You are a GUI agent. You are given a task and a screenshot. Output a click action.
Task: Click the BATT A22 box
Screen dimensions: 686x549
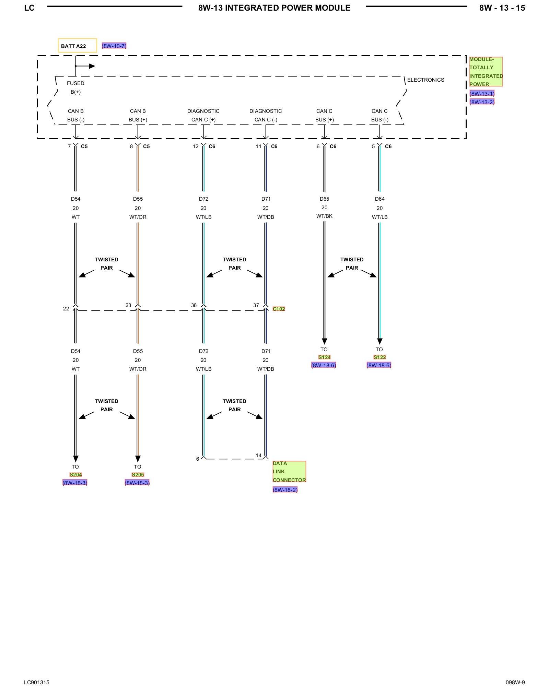(77, 46)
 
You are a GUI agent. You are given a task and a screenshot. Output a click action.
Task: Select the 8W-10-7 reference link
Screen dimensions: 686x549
(114, 46)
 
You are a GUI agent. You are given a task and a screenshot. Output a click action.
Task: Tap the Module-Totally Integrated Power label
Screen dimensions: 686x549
(486, 72)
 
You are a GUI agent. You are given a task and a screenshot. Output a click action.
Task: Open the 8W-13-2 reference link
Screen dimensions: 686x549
(482, 102)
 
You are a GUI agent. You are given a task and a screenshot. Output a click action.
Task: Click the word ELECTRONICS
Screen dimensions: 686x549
(425, 80)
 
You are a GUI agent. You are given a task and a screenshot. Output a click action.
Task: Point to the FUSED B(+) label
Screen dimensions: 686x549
(75, 87)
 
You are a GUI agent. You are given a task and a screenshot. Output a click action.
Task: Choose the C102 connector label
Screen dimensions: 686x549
(279, 309)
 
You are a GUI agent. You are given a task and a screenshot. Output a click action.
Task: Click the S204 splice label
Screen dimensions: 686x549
(75, 475)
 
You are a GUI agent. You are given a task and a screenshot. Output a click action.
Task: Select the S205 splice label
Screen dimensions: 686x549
(138, 475)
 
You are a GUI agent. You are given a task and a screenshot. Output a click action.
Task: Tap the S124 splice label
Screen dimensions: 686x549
(324, 357)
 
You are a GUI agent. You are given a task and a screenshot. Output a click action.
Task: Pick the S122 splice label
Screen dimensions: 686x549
(379, 357)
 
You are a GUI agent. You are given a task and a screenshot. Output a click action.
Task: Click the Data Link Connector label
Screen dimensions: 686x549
(289, 472)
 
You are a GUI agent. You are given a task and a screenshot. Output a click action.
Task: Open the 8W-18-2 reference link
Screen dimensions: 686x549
(285, 490)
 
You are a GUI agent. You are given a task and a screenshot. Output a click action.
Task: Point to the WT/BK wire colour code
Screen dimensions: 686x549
(324, 216)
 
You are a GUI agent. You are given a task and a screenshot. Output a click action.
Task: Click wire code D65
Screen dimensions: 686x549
(324, 199)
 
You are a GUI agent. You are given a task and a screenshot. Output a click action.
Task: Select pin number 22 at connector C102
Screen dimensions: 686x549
(66, 309)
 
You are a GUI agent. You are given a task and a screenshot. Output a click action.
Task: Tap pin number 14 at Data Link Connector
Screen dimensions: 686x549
(258, 456)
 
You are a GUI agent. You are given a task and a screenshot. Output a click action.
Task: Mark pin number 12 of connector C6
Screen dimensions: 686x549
(196, 146)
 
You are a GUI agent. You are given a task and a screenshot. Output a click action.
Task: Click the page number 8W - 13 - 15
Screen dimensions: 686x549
(502, 8)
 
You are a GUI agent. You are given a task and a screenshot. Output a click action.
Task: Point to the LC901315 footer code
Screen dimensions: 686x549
(37, 673)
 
